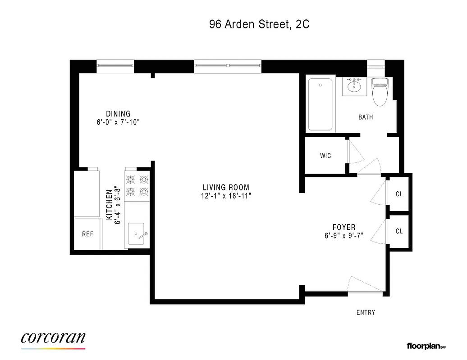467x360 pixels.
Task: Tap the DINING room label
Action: click(x=118, y=114)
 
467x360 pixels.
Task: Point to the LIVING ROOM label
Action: click(x=226, y=188)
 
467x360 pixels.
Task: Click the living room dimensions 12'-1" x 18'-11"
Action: click(x=226, y=196)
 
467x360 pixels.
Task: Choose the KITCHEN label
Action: click(x=109, y=205)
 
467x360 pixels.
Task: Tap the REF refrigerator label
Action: click(x=87, y=234)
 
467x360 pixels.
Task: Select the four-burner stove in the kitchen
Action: click(x=137, y=186)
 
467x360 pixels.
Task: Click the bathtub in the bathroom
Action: click(x=320, y=104)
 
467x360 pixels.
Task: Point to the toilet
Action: click(x=380, y=92)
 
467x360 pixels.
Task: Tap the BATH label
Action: click(x=366, y=117)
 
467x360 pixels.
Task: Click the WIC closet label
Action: click(x=325, y=156)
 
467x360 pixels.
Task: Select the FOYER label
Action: click(x=344, y=227)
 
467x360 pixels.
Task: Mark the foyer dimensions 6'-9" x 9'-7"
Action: click(x=344, y=235)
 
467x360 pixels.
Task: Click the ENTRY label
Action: click(x=366, y=312)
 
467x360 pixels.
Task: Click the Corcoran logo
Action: click(x=53, y=339)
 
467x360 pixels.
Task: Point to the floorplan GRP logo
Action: click(x=426, y=346)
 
